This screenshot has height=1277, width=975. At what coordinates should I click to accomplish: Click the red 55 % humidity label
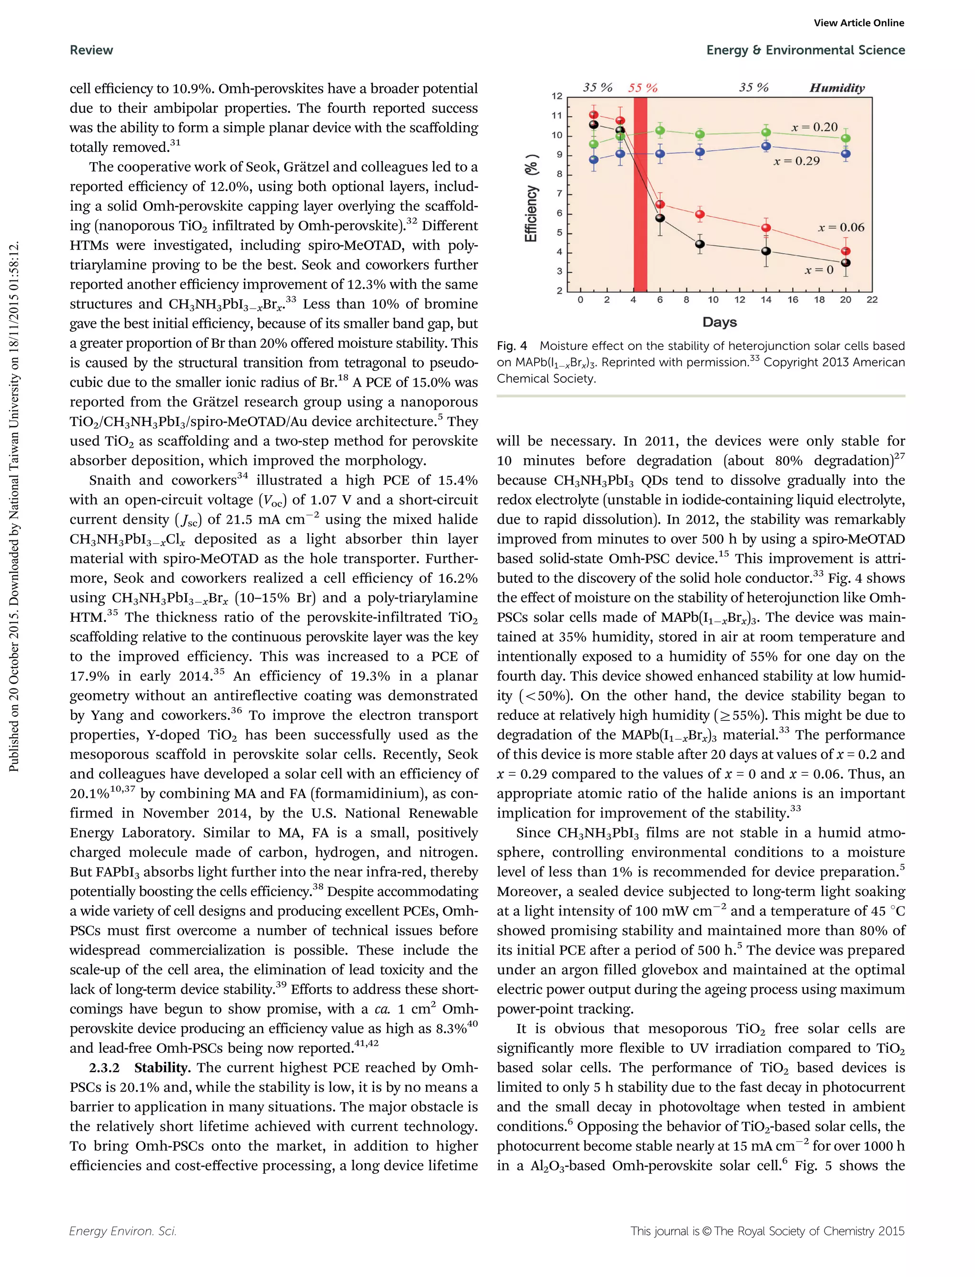pyautogui.click(x=642, y=88)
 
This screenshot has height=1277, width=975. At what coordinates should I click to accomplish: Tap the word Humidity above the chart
pyautogui.click(x=836, y=88)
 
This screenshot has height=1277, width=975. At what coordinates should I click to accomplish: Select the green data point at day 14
pyautogui.click(x=766, y=132)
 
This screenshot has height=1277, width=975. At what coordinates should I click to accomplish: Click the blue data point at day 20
pyautogui.click(x=846, y=154)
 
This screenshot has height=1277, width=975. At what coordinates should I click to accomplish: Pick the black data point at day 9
pyautogui.click(x=700, y=244)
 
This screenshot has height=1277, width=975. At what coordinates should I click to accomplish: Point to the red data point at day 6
pyautogui.click(x=660, y=204)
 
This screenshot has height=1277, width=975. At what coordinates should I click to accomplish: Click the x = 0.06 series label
pyautogui.click(x=841, y=228)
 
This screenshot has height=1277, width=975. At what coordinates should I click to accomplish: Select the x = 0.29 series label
pyautogui.click(x=796, y=161)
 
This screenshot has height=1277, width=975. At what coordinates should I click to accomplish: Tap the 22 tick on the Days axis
pyautogui.click(x=872, y=300)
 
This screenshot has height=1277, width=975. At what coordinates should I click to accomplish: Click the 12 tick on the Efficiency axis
pyautogui.click(x=557, y=96)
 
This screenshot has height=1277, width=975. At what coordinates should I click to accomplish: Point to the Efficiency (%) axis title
pyautogui.click(x=532, y=198)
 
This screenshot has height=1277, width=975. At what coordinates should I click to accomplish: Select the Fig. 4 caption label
pyautogui.click(x=511, y=347)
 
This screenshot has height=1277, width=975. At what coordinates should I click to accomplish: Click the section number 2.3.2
pyautogui.click(x=104, y=1068)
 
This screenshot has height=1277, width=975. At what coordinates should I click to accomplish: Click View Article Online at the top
pyautogui.click(x=858, y=23)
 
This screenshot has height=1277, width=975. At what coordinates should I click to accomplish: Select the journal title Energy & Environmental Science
pyautogui.click(x=805, y=50)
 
